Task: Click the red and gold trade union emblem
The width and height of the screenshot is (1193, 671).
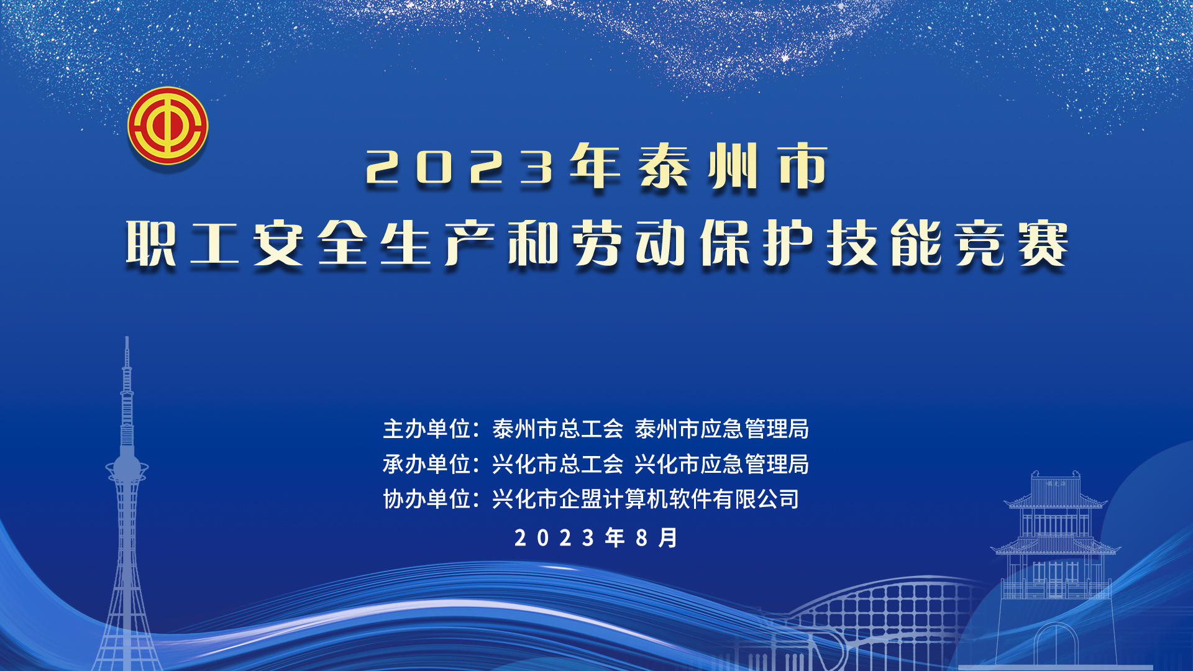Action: (168, 126)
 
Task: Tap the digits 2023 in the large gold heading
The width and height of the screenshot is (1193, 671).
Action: (460, 167)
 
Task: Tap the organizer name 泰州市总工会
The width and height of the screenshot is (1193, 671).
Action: (557, 429)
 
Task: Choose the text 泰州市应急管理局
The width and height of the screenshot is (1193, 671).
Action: (721, 429)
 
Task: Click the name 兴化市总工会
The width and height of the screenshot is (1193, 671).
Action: (557, 464)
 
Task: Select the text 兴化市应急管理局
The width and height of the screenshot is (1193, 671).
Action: (721, 464)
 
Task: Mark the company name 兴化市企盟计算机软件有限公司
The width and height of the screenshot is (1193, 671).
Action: (646, 499)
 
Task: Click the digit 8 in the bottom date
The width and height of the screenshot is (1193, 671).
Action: (642, 538)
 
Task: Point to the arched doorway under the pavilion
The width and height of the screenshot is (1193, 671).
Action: (1056, 646)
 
